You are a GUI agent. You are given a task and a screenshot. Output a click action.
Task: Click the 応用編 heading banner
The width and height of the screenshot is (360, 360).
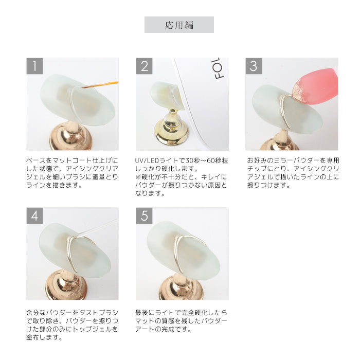(x=179, y=25)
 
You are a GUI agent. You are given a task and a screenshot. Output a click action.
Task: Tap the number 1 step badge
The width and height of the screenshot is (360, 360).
(x=34, y=66)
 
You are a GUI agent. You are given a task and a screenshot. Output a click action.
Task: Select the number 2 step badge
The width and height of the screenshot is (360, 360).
(x=144, y=66)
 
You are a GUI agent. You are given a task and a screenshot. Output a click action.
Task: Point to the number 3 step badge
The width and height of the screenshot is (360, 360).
(x=254, y=66)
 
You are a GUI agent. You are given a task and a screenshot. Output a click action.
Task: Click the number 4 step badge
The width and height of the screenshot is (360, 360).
(x=34, y=215)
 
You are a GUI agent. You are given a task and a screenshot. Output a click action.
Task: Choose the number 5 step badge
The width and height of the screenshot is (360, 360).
(x=144, y=215)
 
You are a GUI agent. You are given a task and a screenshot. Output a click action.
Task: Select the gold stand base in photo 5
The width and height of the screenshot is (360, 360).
(x=181, y=287)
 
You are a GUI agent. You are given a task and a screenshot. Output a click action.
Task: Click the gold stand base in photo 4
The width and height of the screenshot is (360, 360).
(x=66, y=285)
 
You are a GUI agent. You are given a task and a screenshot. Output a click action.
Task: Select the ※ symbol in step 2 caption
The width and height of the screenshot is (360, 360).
(x=138, y=177)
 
